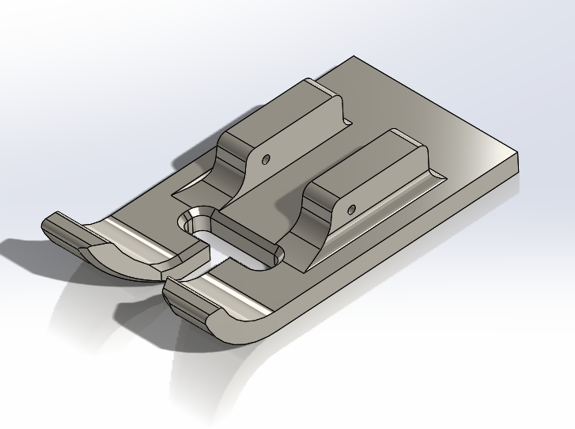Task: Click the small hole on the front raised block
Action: coord(351,210)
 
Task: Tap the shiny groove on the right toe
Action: coord(229,298)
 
